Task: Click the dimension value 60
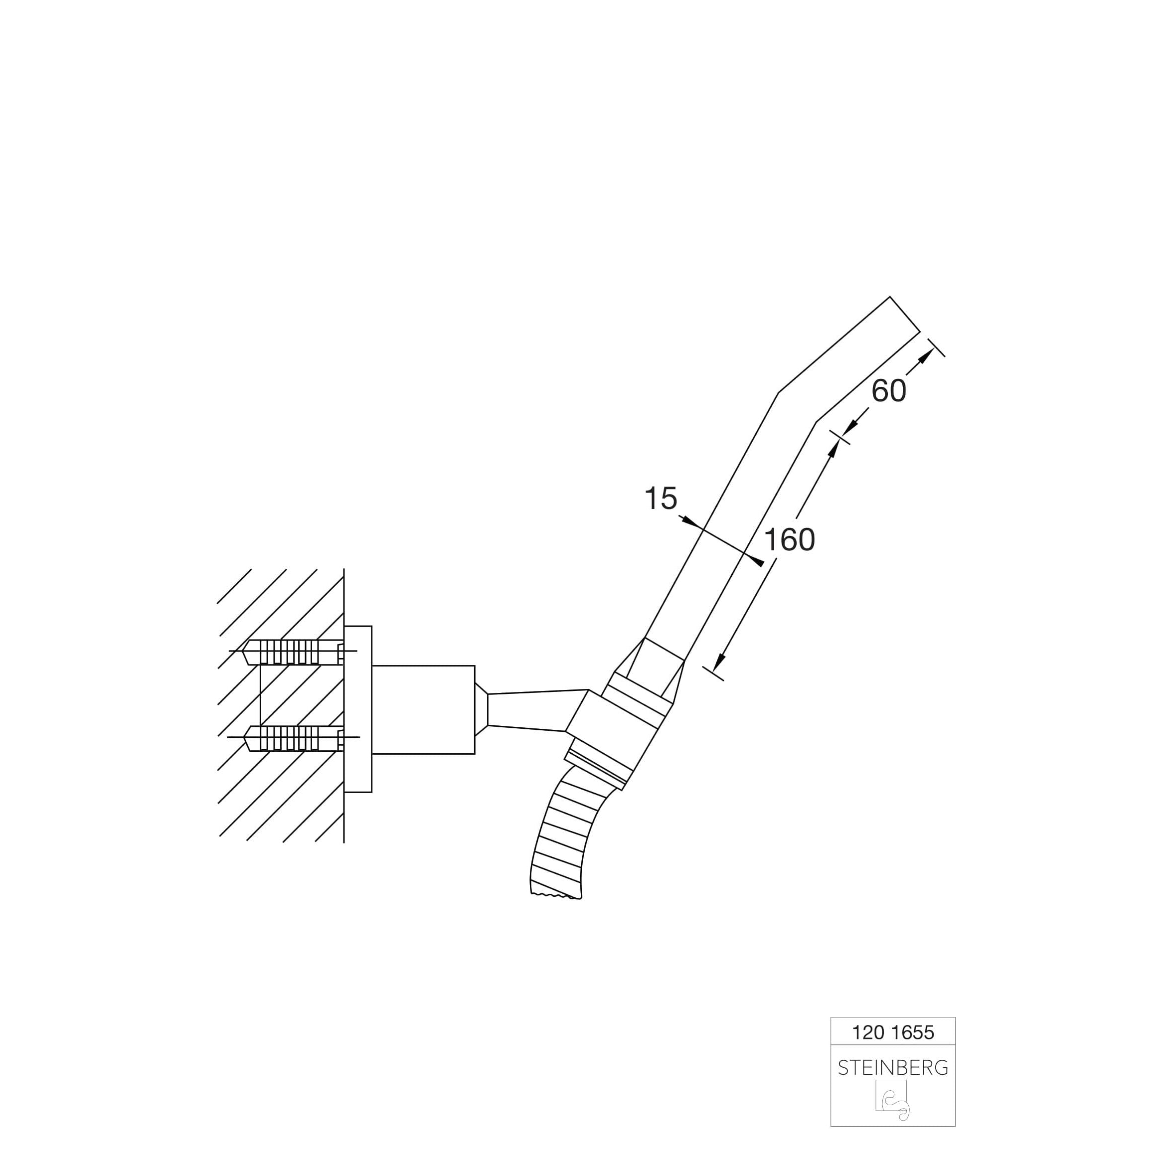click(x=888, y=391)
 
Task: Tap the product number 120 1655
click(x=893, y=1032)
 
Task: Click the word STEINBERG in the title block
click(x=893, y=1068)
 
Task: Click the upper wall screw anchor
click(x=293, y=652)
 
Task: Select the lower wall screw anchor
click(x=293, y=737)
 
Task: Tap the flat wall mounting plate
click(x=358, y=709)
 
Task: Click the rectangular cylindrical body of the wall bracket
click(x=424, y=710)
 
